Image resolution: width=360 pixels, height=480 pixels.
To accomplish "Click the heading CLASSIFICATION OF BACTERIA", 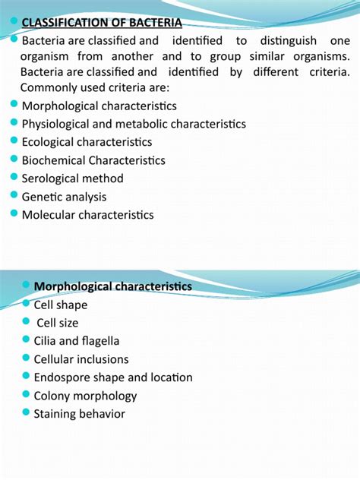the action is coord(102,22).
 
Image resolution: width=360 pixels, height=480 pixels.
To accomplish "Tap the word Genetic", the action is coord(43,197).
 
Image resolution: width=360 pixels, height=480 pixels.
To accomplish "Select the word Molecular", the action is coord(49,215).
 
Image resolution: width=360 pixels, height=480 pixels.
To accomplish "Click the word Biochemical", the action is coord(54,160).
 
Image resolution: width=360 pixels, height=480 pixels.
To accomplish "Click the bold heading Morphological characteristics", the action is coord(113,286).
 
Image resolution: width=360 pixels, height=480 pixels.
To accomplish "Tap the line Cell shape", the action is coord(61,305).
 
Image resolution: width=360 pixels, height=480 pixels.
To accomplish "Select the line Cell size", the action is coord(58,323).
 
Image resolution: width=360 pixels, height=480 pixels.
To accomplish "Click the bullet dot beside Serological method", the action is coord(15,178).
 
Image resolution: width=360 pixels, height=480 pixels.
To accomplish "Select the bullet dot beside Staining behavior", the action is coord(27,413).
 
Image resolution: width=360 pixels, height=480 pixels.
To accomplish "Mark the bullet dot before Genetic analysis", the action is coord(15,196).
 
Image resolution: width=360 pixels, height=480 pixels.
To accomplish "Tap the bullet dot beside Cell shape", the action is coord(27,304).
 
